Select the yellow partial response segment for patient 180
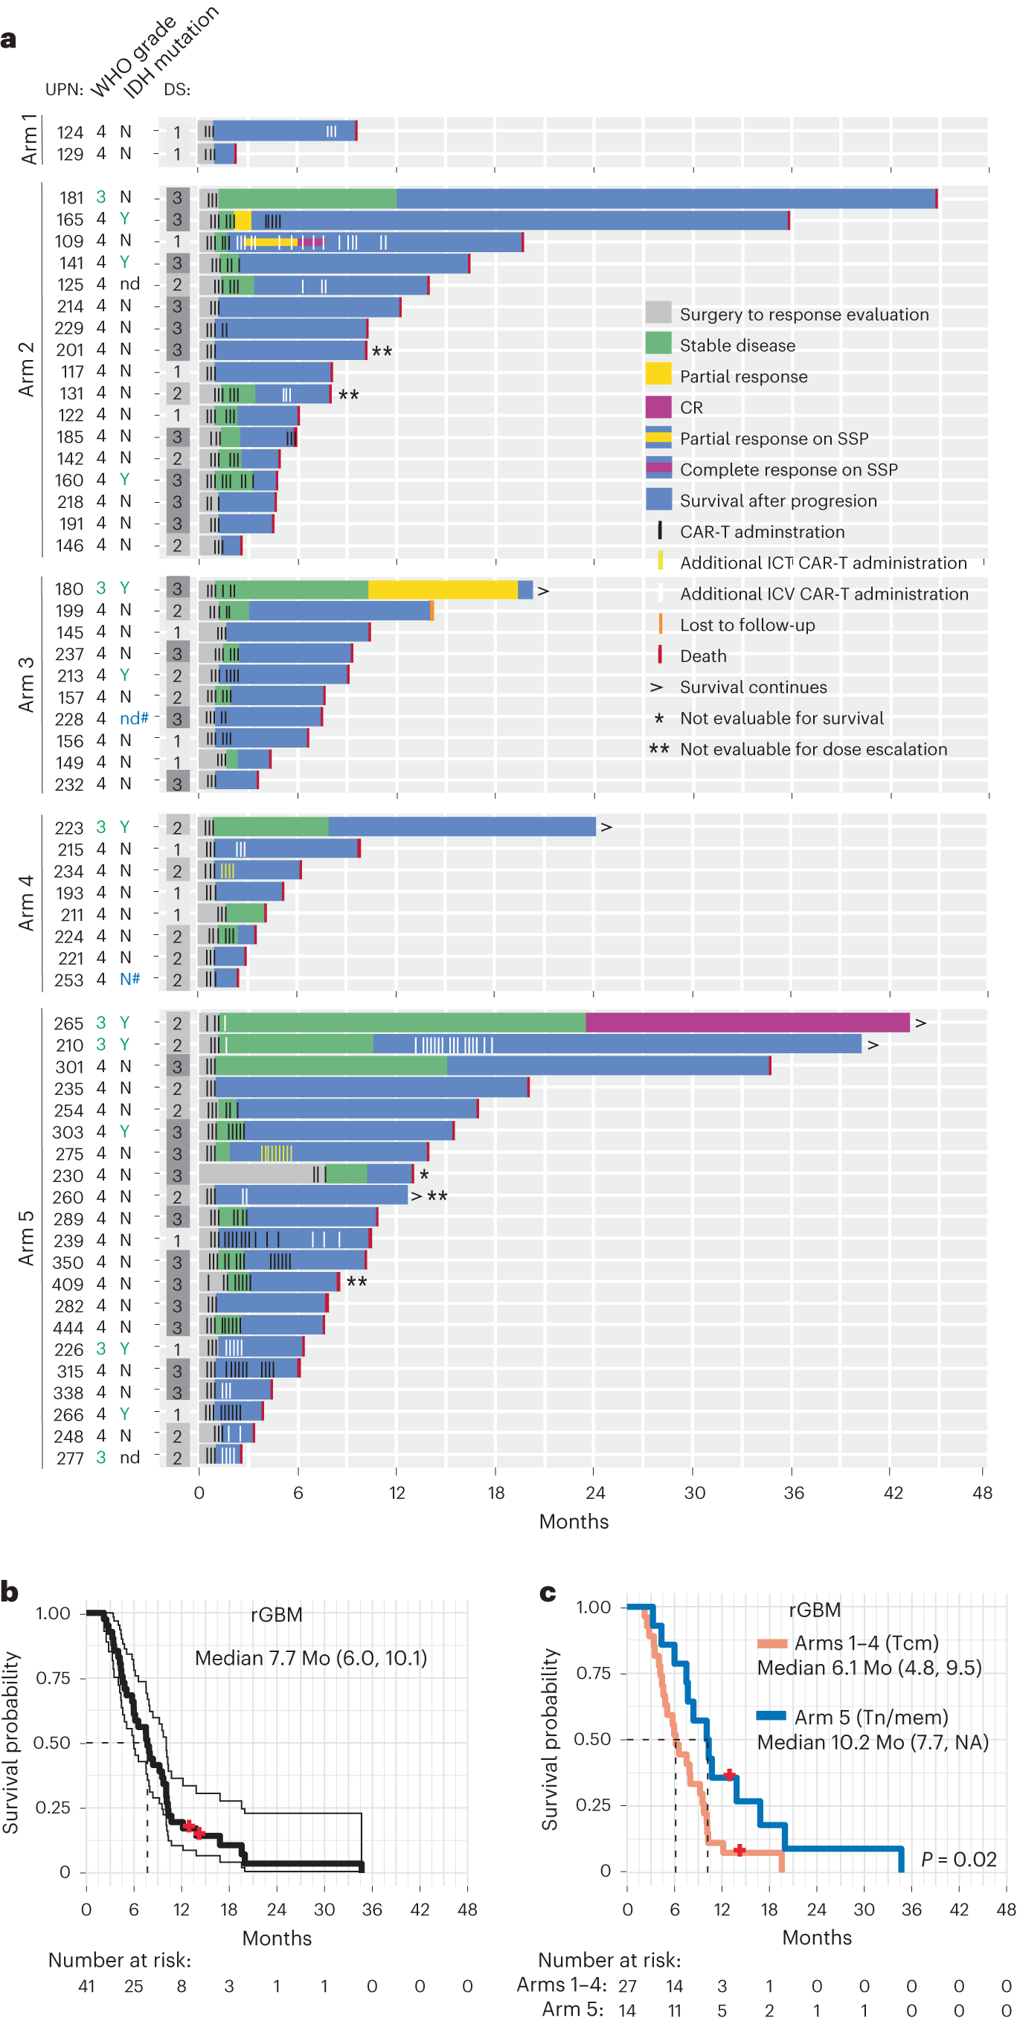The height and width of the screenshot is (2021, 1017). pos(442,589)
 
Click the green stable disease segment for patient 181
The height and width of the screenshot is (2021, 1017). pos(306,199)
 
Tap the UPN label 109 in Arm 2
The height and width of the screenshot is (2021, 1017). pos(69,241)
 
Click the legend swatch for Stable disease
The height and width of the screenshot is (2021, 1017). pos(658,344)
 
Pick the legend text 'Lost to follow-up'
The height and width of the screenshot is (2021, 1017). pos(746,625)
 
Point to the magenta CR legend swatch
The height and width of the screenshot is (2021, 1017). pos(658,406)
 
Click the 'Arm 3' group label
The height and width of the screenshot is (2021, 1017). pos(27,684)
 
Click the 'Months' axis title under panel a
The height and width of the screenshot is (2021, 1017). pos(573,1521)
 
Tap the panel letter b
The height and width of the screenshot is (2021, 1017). pos(10,1592)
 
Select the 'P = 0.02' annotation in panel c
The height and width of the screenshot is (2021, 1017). pos(957,1859)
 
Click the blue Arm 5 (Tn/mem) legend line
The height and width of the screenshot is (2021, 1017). pos(770,1716)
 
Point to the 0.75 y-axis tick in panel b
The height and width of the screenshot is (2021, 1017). pos(53,1677)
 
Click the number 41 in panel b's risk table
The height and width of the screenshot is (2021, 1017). pos(86,1986)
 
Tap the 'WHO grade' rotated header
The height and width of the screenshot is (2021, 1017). pos(133,57)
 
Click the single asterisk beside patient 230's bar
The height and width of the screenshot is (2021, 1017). pos(424,1175)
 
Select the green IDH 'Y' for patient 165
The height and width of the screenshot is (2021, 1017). pos(124,218)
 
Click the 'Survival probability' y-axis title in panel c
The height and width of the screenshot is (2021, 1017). pos(549,1739)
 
